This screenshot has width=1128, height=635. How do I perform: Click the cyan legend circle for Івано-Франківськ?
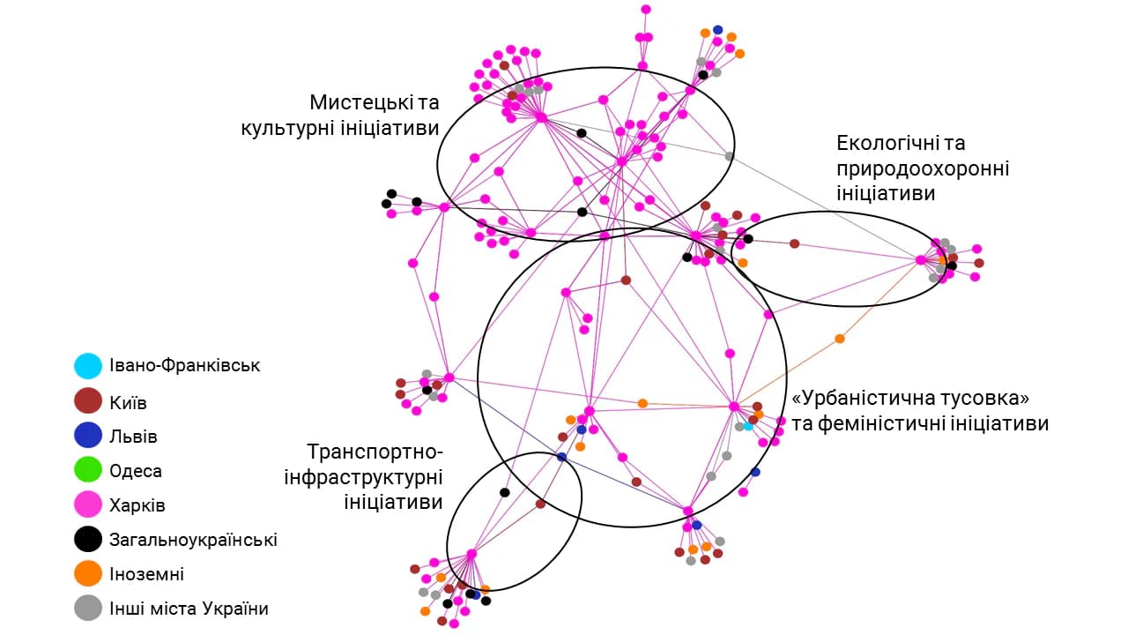pos(88,366)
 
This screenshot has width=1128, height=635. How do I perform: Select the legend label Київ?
pos(128,403)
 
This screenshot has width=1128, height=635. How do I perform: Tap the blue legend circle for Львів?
pos(88,435)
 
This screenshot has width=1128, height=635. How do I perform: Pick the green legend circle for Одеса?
pos(88,469)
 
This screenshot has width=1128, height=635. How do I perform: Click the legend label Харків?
pos(137,505)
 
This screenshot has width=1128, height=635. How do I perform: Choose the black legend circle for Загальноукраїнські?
pos(88,539)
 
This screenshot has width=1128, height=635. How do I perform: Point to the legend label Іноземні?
pos(146,574)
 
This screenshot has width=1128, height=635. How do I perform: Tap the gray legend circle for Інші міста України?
pos(88,608)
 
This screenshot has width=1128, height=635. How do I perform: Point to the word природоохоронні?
pos(923,168)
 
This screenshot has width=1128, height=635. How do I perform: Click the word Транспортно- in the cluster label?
pos(375,452)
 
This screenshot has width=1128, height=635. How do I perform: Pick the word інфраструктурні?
pos(363,477)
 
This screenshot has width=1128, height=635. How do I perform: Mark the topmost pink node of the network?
pos(646,9)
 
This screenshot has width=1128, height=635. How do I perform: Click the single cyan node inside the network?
pos(748,426)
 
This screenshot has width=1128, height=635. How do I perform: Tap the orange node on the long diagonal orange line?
pos(840,339)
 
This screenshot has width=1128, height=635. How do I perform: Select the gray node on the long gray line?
pos(729,156)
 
